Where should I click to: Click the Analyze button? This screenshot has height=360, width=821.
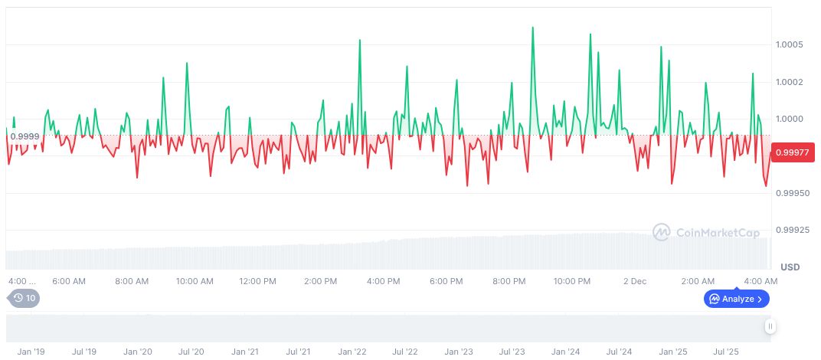(736, 299)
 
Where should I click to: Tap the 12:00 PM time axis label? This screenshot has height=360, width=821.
(257, 281)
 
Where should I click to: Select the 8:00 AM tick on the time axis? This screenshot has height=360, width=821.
(132, 281)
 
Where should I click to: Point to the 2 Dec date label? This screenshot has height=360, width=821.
(635, 281)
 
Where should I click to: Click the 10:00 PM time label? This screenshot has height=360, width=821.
(571, 281)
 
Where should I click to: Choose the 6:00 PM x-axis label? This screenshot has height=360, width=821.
(446, 281)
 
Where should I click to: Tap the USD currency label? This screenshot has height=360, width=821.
(790, 267)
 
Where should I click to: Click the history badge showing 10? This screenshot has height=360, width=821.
(23, 298)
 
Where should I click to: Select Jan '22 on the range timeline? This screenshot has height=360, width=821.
(352, 352)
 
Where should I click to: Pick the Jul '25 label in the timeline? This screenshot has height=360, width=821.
(726, 352)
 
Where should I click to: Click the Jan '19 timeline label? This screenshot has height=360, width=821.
(31, 352)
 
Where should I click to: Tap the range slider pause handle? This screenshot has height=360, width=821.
(770, 326)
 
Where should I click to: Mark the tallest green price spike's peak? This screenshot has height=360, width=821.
(532, 28)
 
